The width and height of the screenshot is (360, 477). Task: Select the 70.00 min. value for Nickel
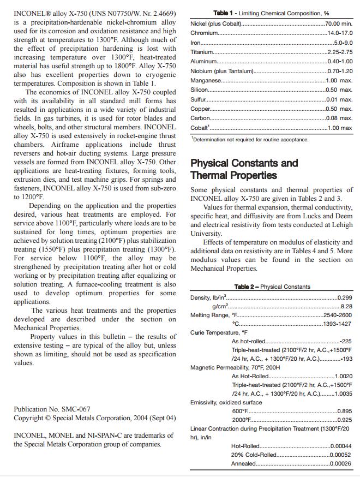click(338, 24)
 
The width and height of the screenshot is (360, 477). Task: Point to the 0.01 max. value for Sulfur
click(339, 99)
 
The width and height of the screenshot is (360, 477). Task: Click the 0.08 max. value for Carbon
click(339, 118)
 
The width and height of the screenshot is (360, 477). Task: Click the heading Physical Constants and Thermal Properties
click(244, 169)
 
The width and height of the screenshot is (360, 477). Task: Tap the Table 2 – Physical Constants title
click(272, 287)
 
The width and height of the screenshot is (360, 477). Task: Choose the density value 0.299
click(345, 297)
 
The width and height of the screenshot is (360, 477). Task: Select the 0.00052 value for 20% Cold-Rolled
click(340, 455)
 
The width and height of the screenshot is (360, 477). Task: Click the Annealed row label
click(243, 464)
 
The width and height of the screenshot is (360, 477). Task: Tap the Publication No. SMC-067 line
click(52, 409)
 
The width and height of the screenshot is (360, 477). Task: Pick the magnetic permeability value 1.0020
click(343, 377)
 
